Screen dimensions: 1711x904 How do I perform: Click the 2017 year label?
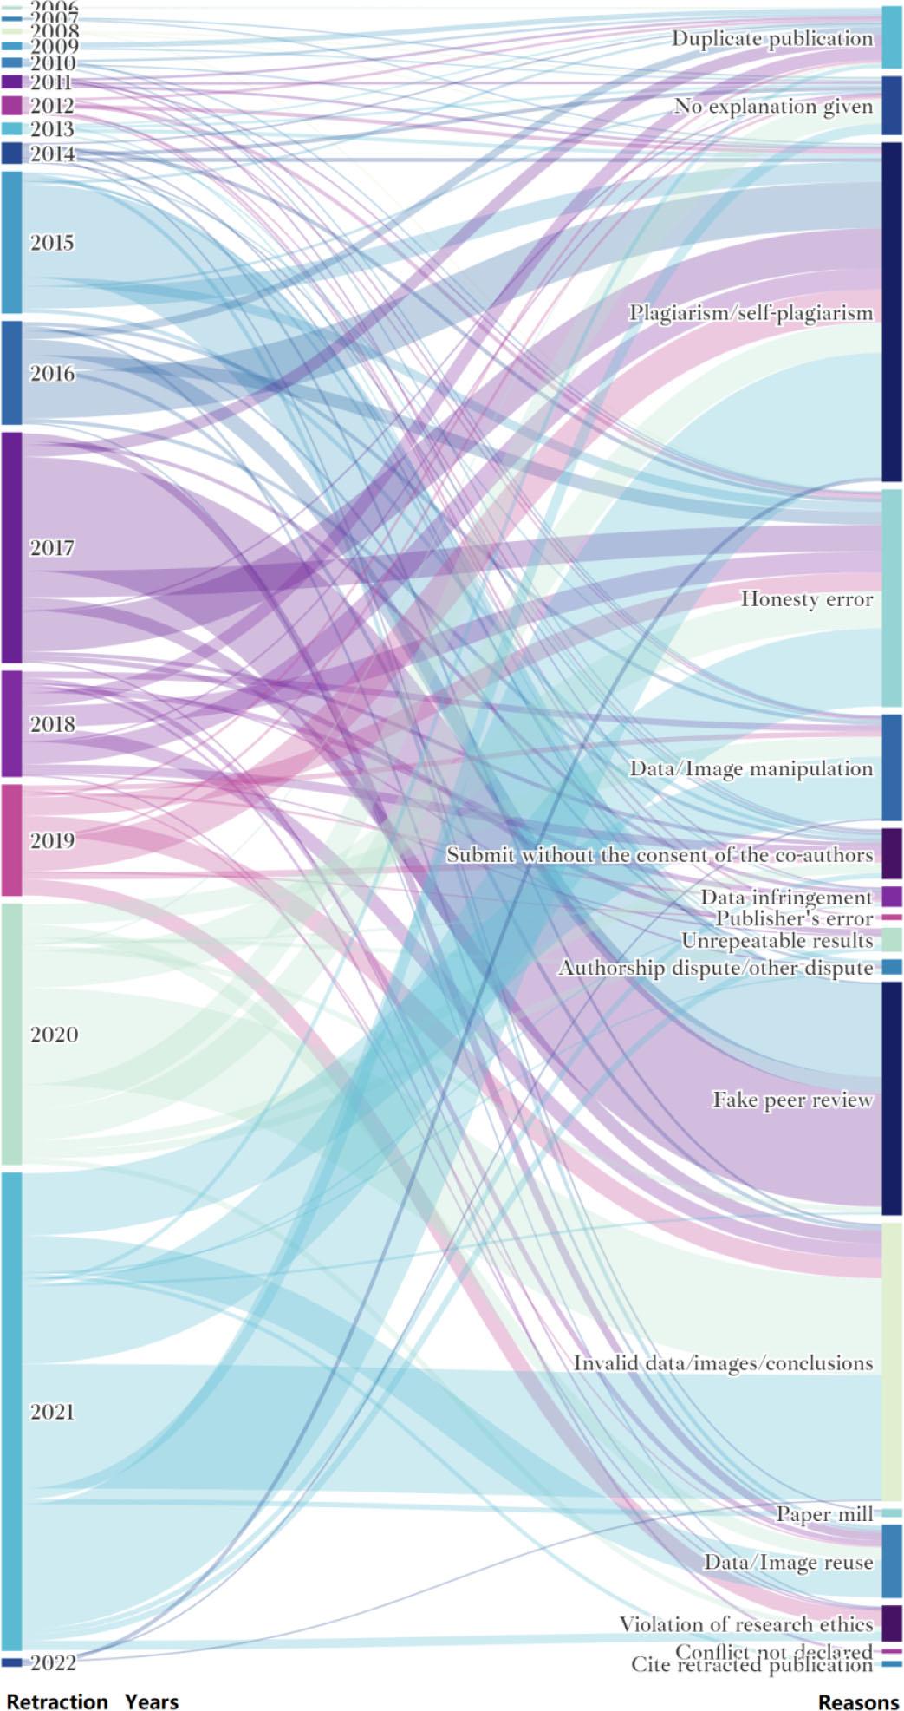pos(52,547)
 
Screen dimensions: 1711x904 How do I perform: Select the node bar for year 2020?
pos(11,1034)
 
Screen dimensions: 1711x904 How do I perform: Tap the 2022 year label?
pos(53,1662)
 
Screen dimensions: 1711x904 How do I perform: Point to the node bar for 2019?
pos(11,839)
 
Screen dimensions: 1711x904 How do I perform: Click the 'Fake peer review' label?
pos(792,1100)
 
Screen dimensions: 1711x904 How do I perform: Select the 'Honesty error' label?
pos(806,598)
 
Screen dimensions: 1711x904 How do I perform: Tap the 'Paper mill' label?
pos(824,1514)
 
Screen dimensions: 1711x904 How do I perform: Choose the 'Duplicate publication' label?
pos(772,38)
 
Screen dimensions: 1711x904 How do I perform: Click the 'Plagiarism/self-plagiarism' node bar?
pos(892,312)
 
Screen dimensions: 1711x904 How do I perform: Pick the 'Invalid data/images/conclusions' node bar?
pos(892,1362)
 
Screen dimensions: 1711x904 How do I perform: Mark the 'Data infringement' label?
pos(786,897)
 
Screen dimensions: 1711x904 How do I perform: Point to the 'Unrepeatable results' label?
pos(777,940)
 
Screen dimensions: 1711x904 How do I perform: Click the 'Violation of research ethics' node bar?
pos(892,1623)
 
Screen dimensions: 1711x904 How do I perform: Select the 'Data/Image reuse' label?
pos(788,1562)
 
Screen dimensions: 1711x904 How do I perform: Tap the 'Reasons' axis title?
pos(858,1701)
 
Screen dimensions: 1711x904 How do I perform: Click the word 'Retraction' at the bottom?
pos(57,1701)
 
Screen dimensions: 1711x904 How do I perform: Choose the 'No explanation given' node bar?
pos(892,105)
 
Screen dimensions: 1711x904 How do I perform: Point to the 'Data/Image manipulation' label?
pos(751,768)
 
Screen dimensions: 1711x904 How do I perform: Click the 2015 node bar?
pos(11,242)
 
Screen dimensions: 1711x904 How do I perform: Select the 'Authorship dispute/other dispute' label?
pos(715,967)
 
